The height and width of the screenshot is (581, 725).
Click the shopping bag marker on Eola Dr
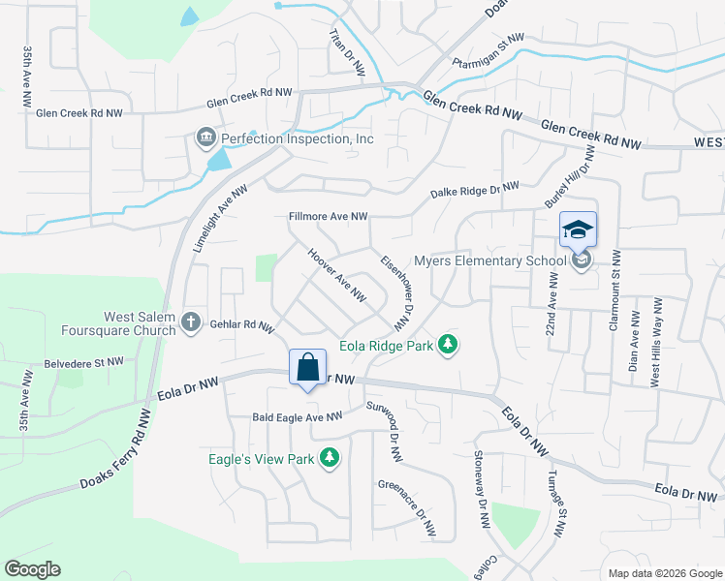[x=307, y=369]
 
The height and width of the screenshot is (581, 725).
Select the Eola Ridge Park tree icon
[x=447, y=345]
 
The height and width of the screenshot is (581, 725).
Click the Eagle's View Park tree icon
[x=330, y=457]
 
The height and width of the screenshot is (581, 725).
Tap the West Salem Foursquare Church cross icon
[x=192, y=321]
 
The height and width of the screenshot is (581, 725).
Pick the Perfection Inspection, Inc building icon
[x=206, y=138]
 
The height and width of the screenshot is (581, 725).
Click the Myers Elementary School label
[x=489, y=260]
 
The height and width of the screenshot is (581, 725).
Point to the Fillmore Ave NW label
[x=329, y=217]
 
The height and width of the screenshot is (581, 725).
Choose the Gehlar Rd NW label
[x=243, y=326]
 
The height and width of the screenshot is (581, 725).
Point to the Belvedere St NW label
[x=83, y=362]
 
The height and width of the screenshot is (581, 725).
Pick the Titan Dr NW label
[x=346, y=52]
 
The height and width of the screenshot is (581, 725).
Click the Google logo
[x=32, y=569]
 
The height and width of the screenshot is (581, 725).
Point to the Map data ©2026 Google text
[x=664, y=572]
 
